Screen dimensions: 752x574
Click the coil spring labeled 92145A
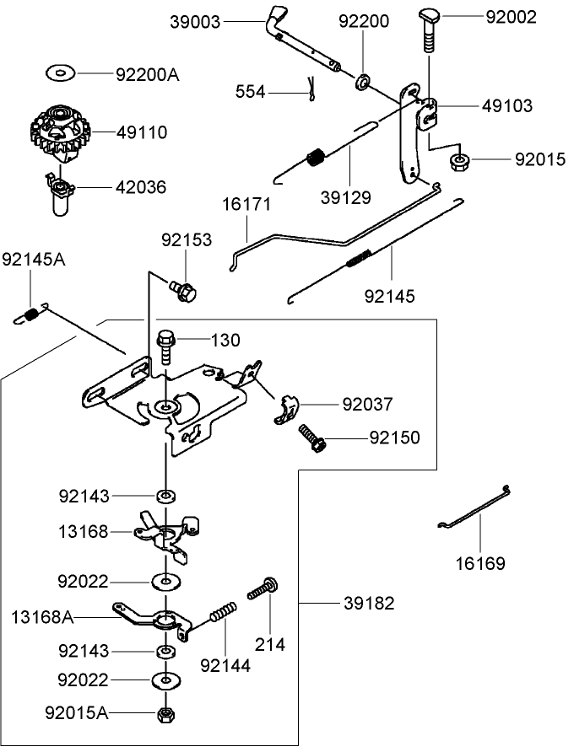[x=29, y=315]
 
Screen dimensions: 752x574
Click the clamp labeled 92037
[x=284, y=408]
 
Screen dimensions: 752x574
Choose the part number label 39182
[x=368, y=604]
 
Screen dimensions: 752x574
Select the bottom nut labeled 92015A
[x=165, y=714]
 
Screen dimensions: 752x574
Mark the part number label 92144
[x=225, y=665]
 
